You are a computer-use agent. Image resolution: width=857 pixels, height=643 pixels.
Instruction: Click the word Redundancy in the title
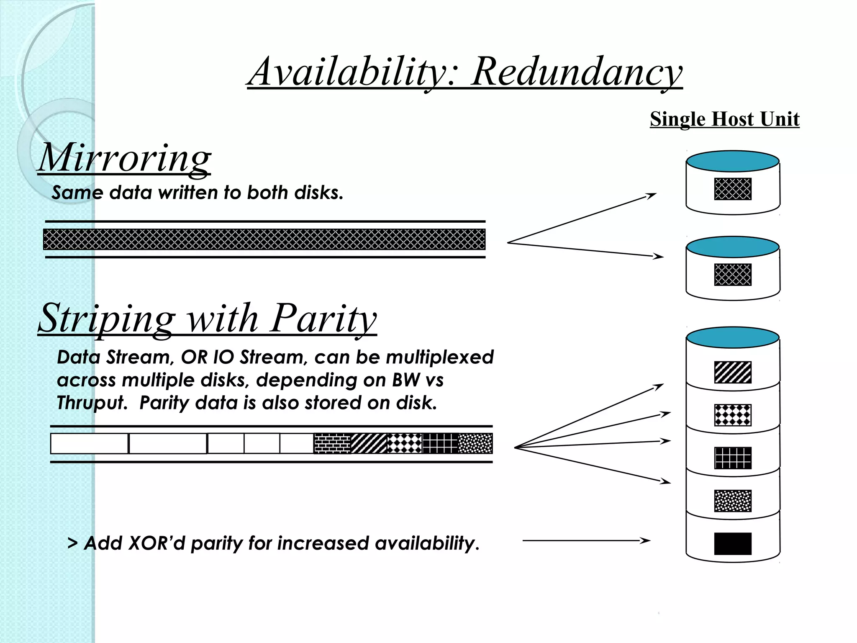pyautogui.click(x=576, y=72)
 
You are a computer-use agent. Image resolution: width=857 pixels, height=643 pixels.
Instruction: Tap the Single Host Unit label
pyautogui.click(x=724, y=119)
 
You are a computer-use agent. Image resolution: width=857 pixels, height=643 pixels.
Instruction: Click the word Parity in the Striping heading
pyautogui.click(x=323, y=318)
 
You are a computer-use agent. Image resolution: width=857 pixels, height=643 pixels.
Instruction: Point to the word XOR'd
pyautogui.click(x=156, y=543)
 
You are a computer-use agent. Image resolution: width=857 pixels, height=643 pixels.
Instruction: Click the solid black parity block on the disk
pyautogui.click(x=732, y=543)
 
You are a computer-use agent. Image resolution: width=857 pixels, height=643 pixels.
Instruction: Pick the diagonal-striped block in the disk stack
pyautogui.click(x=732, y=372)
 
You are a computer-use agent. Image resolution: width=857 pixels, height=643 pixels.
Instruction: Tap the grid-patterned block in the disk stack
pyautogui.click(x=732, y=458)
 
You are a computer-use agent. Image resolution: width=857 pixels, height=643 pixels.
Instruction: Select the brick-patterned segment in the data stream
pyautogui.click(x=332, y=443)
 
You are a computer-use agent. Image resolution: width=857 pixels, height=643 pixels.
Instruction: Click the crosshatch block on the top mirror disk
pyautogui.click(x=732, y=189)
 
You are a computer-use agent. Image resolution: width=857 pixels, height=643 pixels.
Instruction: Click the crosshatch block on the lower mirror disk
pyautogui.click(x=732, y=275)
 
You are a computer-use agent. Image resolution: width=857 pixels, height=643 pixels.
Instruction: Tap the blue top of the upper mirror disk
pyautogui.click(x=732, y=162)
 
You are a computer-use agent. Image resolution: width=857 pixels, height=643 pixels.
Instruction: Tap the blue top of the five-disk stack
pyautogui.click(x=732, y=337)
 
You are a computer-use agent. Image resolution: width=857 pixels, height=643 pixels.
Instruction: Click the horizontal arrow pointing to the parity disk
pyautogui.click(x=586, y=540)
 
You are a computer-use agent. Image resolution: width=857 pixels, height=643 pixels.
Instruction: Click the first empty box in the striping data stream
pyautogui.click(x=89, y=443)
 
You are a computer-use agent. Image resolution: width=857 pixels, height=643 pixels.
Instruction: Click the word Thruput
pyautogui.click(x=92, y=403)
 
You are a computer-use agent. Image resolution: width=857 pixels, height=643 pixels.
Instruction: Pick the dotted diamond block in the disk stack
pyautogui.click(x=732, y=415)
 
